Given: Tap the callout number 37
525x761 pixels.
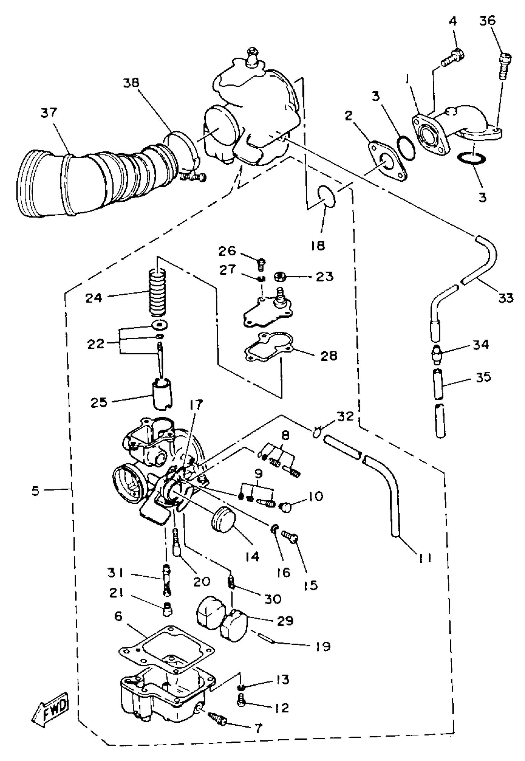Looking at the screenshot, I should (x=49, y=113).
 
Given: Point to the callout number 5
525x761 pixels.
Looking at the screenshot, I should (x=36, y=491).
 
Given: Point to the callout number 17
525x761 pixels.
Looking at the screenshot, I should (x=196, y=404).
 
